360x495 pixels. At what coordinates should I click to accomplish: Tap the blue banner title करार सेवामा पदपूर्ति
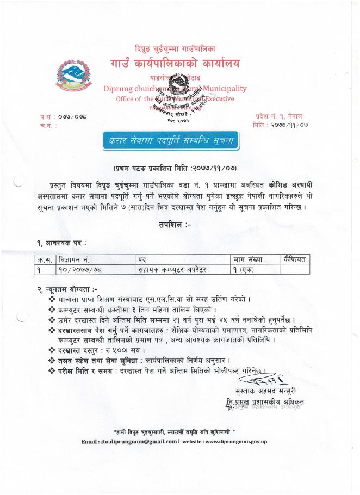point(179,140)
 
